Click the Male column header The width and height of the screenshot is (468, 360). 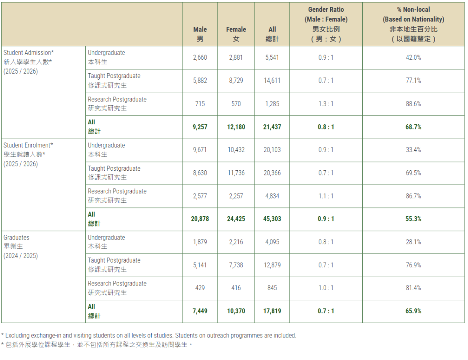[x=200, y=34]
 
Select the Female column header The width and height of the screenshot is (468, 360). [x=236, y=34]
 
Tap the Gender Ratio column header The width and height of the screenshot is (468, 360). [x=326, y=24]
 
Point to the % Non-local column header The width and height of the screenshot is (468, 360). [x=413, y=24]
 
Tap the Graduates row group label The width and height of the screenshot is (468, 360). [x=20, y=246]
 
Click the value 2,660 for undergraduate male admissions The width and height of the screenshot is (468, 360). [x=200, y=58]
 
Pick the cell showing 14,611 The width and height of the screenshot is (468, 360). [x=272, y=81]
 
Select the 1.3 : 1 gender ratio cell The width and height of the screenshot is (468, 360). [x=326, y=104]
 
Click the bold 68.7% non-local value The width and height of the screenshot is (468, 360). [x=413, y=127]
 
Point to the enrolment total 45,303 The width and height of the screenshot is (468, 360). [x=272, y=219]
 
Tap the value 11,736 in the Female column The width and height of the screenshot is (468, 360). [x=236, y=173]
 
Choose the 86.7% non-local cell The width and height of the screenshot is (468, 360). [x=413, y=196]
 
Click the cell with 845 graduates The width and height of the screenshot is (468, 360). [x=272, y=288]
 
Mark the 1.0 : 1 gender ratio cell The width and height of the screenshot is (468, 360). [x=326, y=288]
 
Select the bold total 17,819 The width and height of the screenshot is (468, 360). [x=272, y=311]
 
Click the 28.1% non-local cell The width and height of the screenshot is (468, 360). [x=413, y=242]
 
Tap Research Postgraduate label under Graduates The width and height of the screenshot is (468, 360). [x=117, y=284]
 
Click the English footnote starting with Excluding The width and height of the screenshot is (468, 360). [x=149, y=335]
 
